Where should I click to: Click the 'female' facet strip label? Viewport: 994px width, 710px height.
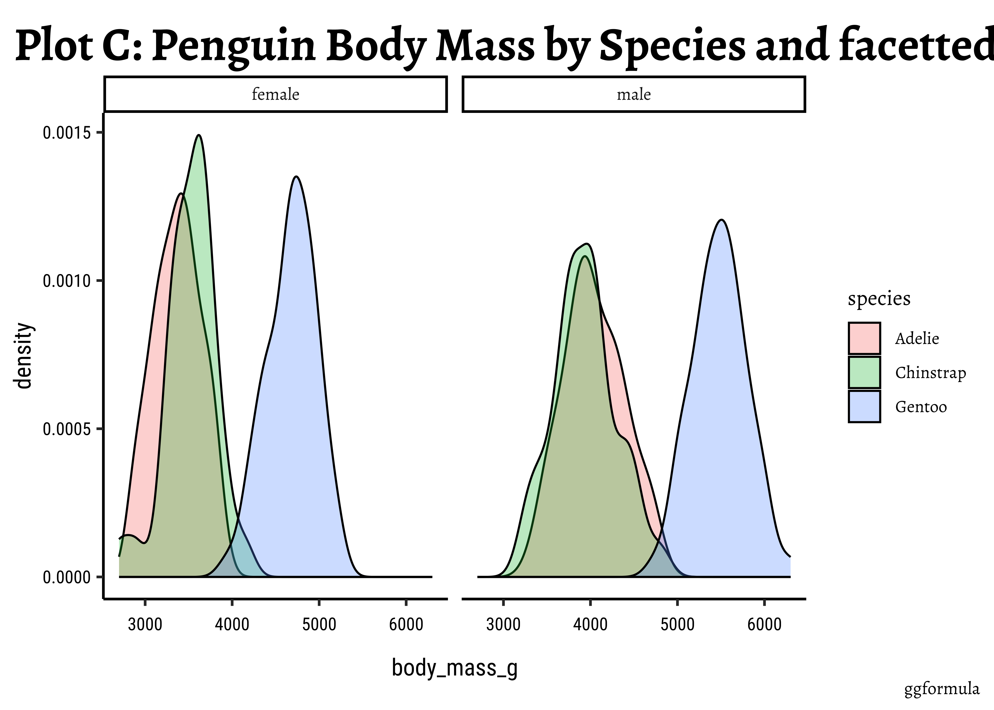(275, 94)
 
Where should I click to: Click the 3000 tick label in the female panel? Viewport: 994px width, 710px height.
(145, 624)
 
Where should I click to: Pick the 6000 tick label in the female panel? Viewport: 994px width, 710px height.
(406, 624)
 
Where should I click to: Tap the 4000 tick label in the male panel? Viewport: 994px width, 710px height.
(590, 624)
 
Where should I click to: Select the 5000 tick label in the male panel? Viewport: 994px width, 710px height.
(677, 624)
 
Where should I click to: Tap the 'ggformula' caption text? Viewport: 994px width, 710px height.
(942, 689)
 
